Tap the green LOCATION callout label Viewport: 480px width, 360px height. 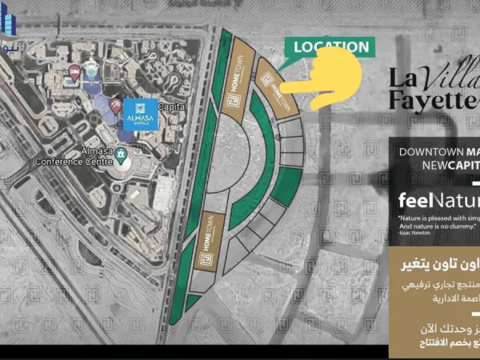[330, 47]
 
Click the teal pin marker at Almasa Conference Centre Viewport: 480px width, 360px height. [122, 154]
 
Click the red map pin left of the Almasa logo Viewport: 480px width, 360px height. [115, 105]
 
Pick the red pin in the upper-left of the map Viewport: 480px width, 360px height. [74, 74]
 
